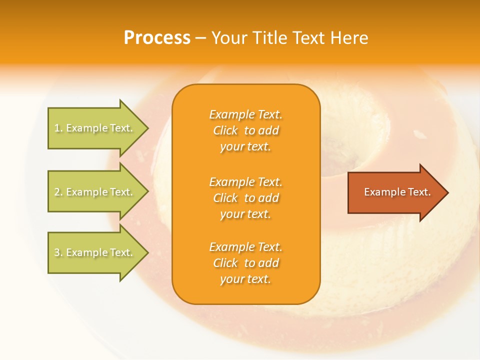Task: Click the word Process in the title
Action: (157, 38)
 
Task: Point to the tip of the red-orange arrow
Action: (447, 192)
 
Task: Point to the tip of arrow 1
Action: (147, 128)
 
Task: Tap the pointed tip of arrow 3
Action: (147, 252)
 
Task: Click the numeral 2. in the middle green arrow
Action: (58, 192)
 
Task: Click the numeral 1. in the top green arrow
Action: (58, 128)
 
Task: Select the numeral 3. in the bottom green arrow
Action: (58, 252)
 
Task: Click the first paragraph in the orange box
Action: (245, 130)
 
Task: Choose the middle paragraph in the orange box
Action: (245, 198)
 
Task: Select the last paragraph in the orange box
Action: (245, 263)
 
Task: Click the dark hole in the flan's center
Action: (350, 157)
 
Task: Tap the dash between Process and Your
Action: (200, 38)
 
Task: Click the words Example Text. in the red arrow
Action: (397, 192)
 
